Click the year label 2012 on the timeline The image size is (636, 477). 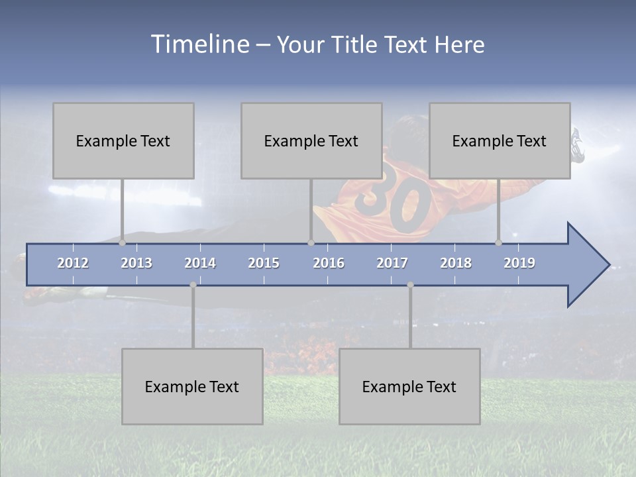(x=73, y=263)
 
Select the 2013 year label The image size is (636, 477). (x=136, y=263)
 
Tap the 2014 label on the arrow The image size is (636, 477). (x=200, y=263)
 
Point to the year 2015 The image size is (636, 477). (x=264, y=263)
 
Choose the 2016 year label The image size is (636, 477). (x=329, y=263)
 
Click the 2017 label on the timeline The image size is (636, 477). (x=392, y=263)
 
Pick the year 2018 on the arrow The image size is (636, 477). (x=456, y=263)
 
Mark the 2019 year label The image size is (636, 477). (x=519, y=263)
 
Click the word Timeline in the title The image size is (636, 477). (x=199, y=44)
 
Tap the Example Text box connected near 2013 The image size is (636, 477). (x=123, y=140)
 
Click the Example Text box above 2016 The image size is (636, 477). (x=311, y=140)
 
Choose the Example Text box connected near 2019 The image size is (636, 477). (x=500, y=140)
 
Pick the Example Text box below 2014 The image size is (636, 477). (x=192, y=386)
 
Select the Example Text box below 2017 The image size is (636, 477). (x=409, y=386)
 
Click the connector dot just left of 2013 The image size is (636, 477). (x=123, y=242)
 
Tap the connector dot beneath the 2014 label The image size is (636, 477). (x=193, y=285)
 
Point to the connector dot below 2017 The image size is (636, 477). (x=410, y=285)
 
